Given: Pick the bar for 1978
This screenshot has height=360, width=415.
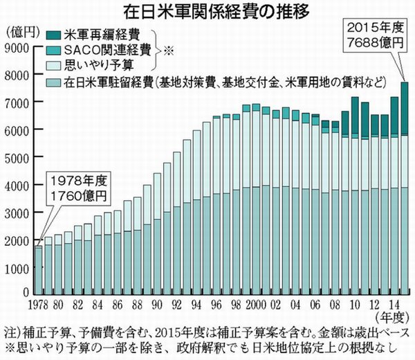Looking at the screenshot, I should [x=38, y=271].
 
